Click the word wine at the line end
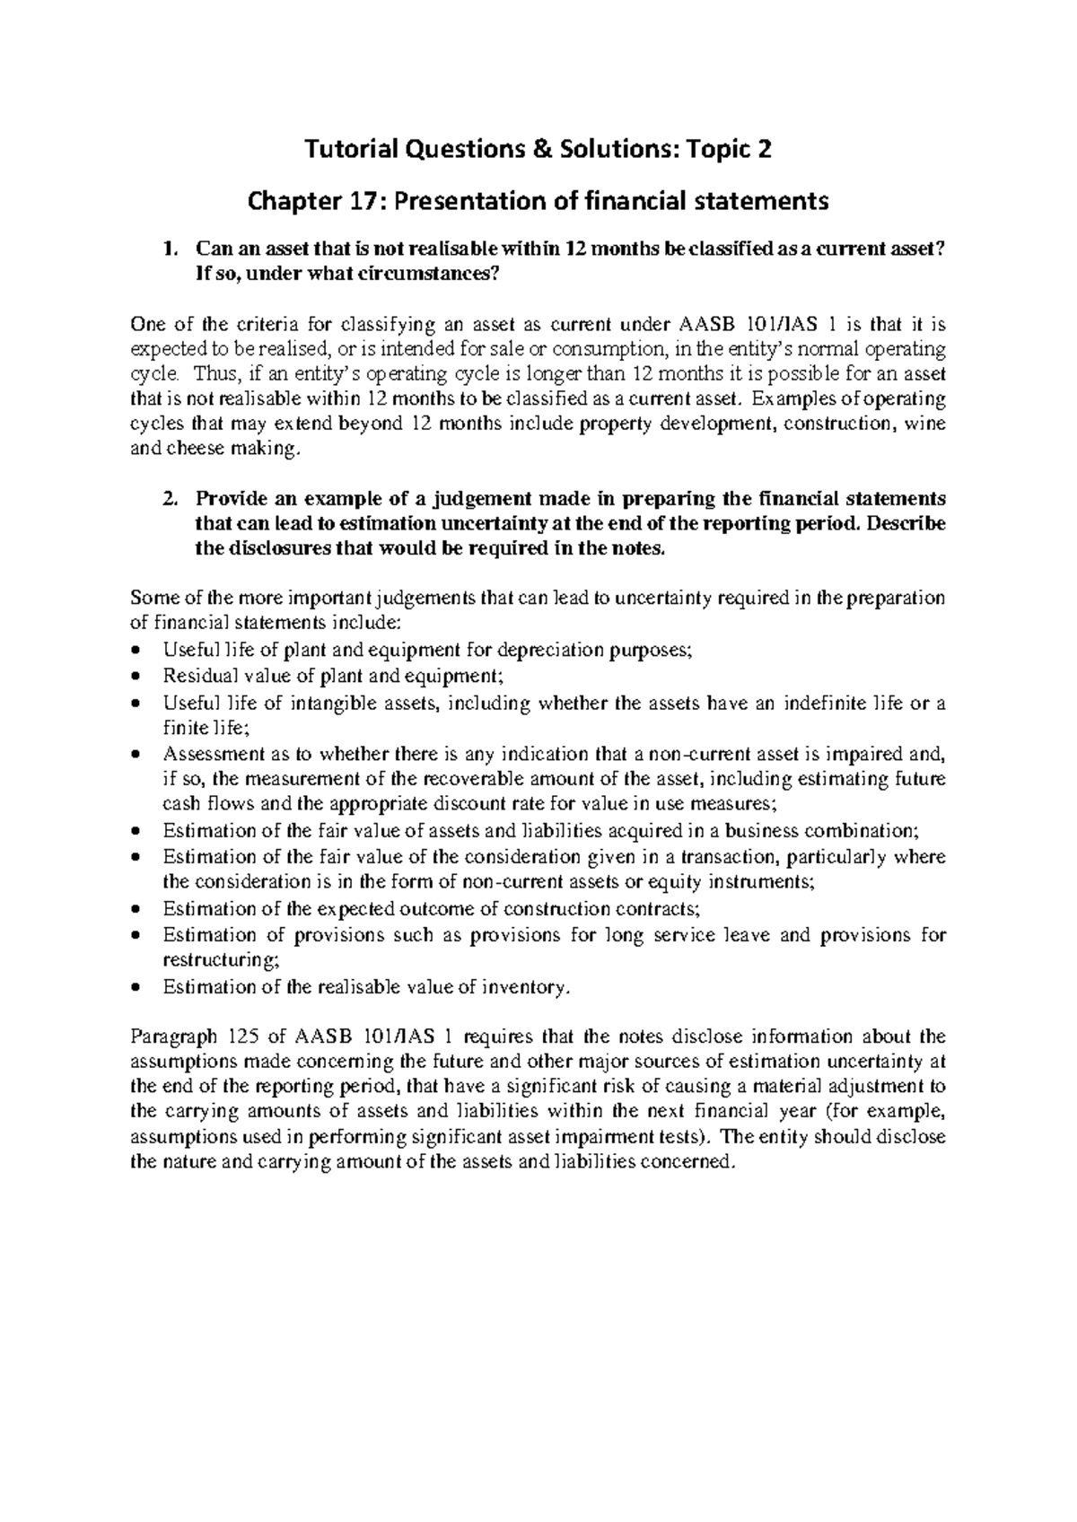(927, 424)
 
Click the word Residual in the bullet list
(192, 677)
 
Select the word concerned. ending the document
(695, 1162)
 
